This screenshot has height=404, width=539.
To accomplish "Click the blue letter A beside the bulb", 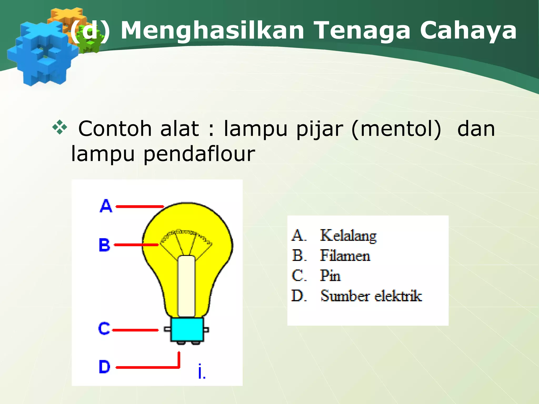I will click(106, 206).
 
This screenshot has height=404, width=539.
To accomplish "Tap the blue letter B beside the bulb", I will click(104, 245).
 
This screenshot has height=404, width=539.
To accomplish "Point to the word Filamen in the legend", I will click(345, 256).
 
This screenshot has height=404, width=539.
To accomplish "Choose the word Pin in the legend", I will click(330, 276).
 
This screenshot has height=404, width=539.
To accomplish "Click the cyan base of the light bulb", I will click(187, 330).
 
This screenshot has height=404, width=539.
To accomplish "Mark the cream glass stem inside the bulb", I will click(186, 285).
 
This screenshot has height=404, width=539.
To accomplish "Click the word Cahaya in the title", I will click(468, 31).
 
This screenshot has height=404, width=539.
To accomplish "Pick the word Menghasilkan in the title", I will click(213, 31).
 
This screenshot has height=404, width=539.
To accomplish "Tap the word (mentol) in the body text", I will click(396, 129).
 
